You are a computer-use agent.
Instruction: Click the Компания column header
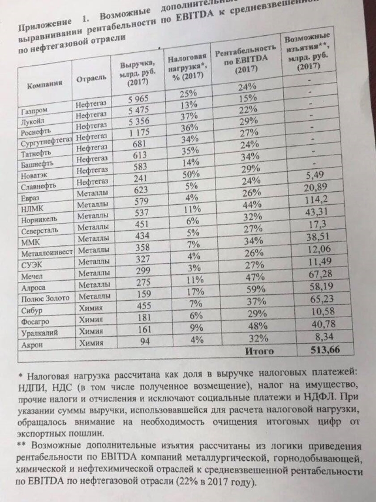[45, 84]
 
